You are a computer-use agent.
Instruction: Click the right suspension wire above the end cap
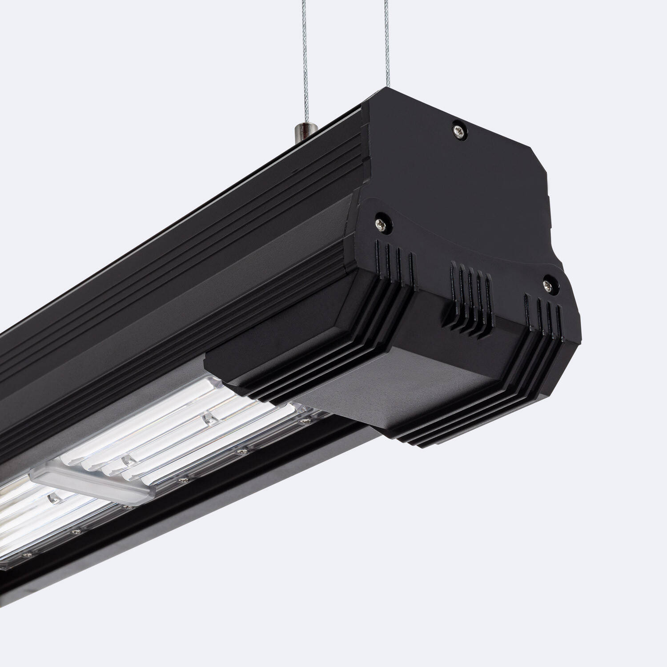point(383,44)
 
